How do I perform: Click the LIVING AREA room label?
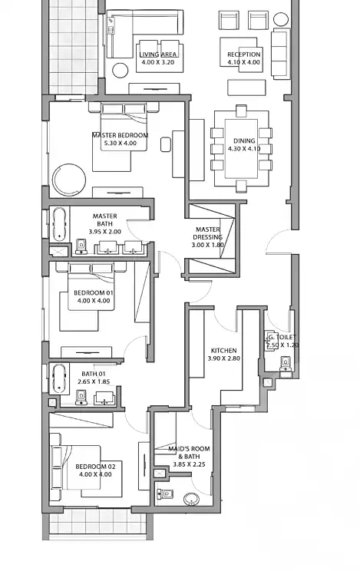(158, 54)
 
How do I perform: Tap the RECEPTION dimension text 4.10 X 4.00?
(244, 62)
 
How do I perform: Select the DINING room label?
(244, 140)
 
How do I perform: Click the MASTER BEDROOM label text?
(121, 135)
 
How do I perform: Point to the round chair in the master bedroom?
(69, 180)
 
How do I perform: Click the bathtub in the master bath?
(59, 224)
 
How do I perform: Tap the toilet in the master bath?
(81, 246)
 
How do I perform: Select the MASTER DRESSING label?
(208, 233)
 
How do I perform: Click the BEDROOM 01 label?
(94, 292)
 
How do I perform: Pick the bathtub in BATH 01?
(59, 378)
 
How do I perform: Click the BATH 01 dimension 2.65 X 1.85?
(94, 381)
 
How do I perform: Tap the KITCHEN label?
(223, 350)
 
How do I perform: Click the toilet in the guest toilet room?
(286, 364)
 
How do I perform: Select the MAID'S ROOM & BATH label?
(189, 453)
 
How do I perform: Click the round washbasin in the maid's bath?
(190, 499)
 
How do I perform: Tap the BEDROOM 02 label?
(95, 467)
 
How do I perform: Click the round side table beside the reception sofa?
(281, 20)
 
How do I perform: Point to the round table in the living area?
(121, 71)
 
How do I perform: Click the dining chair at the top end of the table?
(241, 111)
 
